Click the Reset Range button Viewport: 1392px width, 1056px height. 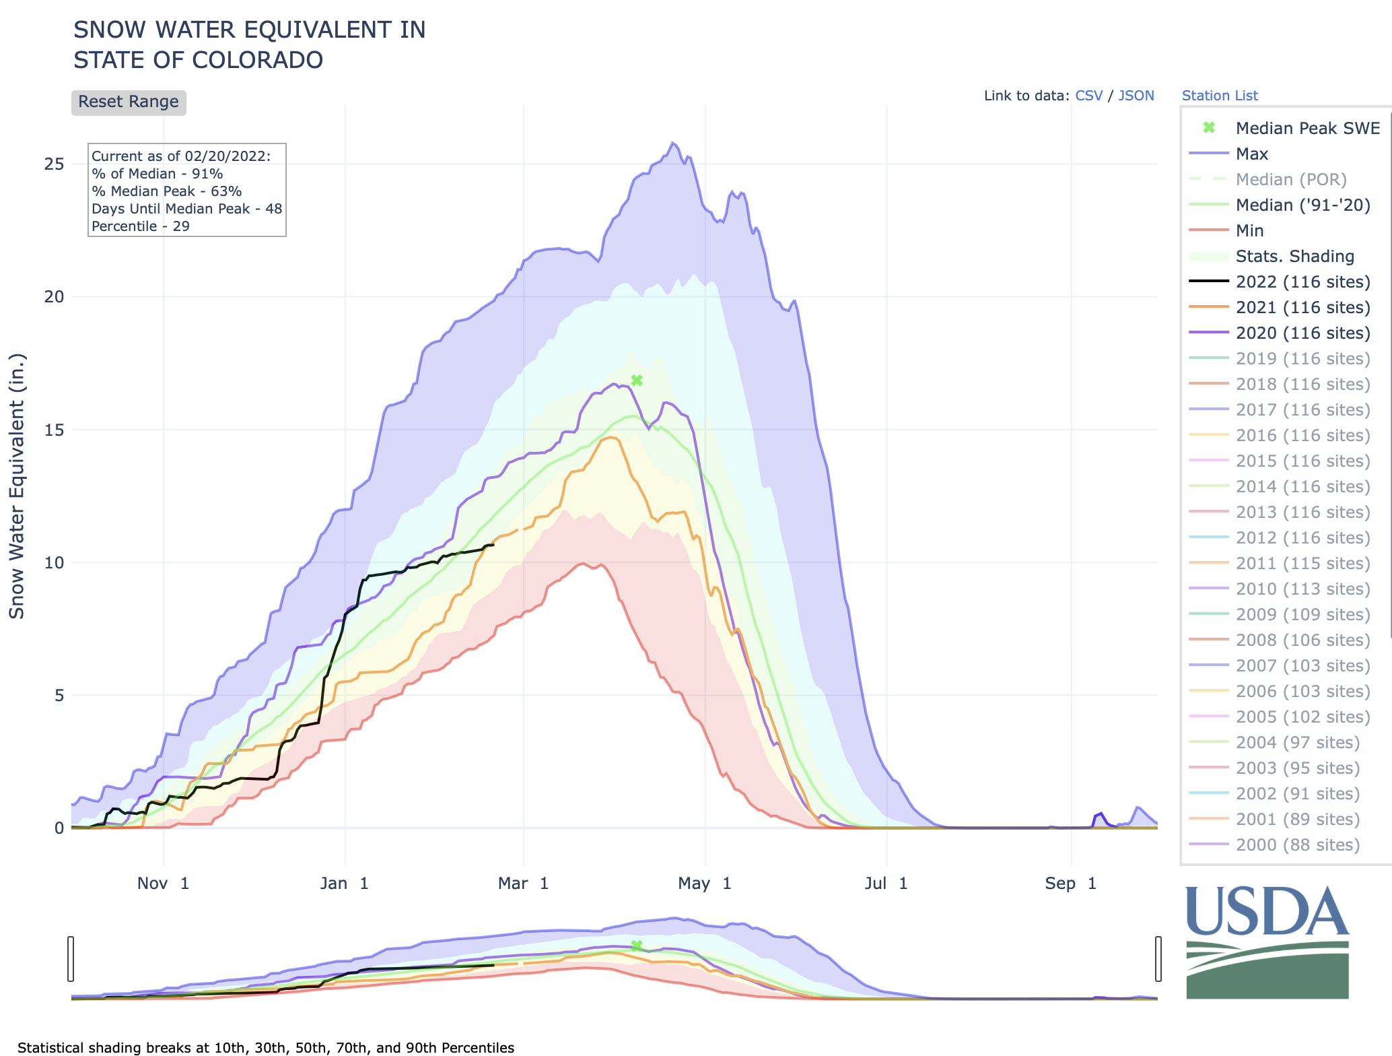pos(129,102)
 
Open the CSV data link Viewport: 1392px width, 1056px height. pos(1088,96)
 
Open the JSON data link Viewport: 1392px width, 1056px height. pos(1136,96)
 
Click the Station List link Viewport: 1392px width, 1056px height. pos(1219,96)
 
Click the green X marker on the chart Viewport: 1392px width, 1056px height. pos(637,381)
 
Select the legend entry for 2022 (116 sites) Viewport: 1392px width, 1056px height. pos(1302,282)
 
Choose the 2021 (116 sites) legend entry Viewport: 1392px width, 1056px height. pos(1302,308)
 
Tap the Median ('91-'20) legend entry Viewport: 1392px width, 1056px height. pos(1302,205)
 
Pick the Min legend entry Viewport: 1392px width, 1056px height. pos(1249,231)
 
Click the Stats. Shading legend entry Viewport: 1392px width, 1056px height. pos(1294,257)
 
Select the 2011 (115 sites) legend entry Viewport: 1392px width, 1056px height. pos(1302,564)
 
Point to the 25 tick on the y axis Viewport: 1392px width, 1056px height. pos(55,164)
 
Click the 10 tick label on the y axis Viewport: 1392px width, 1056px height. pos(55,563)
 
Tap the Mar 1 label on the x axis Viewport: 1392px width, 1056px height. pos(523,884)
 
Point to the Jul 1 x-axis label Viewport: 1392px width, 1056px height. pos(886,884)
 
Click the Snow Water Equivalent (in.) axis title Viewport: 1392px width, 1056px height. pos(17,486)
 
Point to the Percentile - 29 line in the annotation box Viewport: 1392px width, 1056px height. pos(141,226)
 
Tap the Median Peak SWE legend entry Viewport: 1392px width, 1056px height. pos(1307,129)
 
